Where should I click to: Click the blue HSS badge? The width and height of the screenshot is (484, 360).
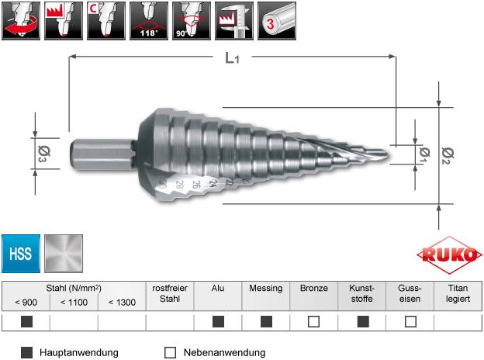(x=21, y=253)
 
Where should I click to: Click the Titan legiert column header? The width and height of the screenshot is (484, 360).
(x=458, y=292)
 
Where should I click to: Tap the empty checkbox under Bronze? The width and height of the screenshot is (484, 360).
(x=314, y=321)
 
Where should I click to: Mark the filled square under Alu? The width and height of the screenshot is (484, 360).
(x=218, y=321)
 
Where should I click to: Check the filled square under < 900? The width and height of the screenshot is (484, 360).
(x=26, y=321)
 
